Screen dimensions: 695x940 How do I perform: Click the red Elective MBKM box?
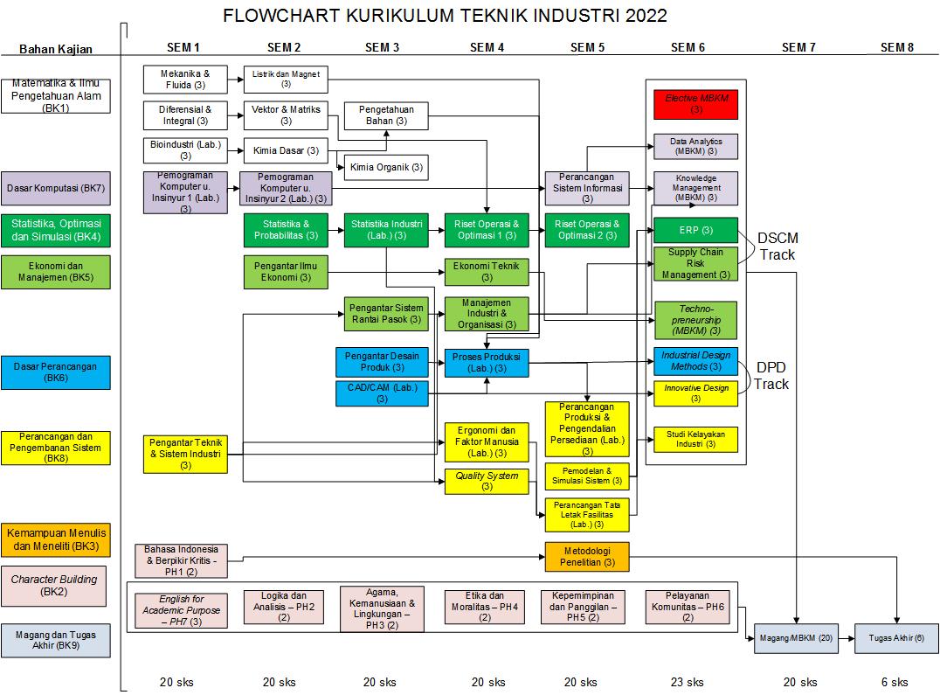tap(696, 104)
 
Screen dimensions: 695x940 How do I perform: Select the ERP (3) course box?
tap(696, 230)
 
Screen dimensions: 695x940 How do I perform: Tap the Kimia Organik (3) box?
tap(386, 166)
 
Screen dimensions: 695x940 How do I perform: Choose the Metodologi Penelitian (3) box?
tap(587, 557)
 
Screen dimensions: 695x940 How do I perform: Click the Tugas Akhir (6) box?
tap(896, 638)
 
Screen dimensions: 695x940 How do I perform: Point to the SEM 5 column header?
tap(587, 47)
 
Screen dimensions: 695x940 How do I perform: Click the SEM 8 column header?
tap(896, 47)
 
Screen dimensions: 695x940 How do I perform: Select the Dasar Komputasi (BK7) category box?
tap(55, 188)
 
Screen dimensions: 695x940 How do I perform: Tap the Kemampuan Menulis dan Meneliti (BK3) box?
tap(55, 539)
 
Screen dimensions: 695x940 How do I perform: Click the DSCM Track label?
tap(778, 246)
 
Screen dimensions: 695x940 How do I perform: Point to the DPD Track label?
tap(771, 376)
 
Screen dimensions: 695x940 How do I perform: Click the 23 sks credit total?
tap(688, 682)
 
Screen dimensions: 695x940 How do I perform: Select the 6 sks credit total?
tap(894, 682)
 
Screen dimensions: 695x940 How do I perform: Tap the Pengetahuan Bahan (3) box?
tap(385, 115)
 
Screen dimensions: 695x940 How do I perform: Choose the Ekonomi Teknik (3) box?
tap(487, 272)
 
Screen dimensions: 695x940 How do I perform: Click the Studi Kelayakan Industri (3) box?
tap(696, 439)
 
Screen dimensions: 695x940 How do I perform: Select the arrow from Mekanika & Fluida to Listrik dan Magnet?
tap(235, 80)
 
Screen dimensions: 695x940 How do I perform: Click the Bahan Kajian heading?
tap(55, 49)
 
